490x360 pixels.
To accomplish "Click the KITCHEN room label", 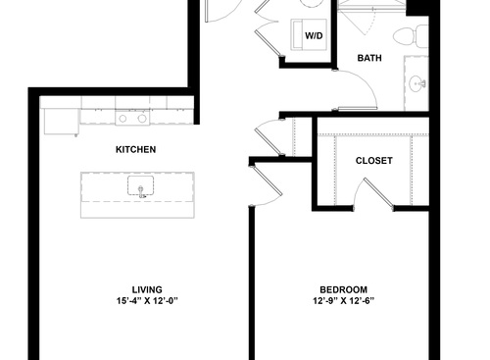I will (x=135, y=149).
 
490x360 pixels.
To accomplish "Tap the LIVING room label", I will (x=135, y=289).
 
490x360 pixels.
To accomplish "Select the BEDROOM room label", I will (x=343, y=289).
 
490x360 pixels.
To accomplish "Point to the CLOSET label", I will (x=373, y=160).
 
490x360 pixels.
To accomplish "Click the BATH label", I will (x=369, y=59).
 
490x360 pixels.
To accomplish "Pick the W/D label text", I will (x=314, y=36).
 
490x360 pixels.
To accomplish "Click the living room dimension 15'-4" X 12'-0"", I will (x=135, y=301).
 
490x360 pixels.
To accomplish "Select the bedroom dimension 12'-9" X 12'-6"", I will (x=343, y=301).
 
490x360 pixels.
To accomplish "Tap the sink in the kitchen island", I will (x=141, y=186).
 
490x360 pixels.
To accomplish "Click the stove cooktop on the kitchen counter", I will (x=132, y=118).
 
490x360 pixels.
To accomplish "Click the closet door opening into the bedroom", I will (x=375, y=193).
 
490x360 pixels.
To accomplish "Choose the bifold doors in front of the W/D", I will (x=266, y=29).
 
